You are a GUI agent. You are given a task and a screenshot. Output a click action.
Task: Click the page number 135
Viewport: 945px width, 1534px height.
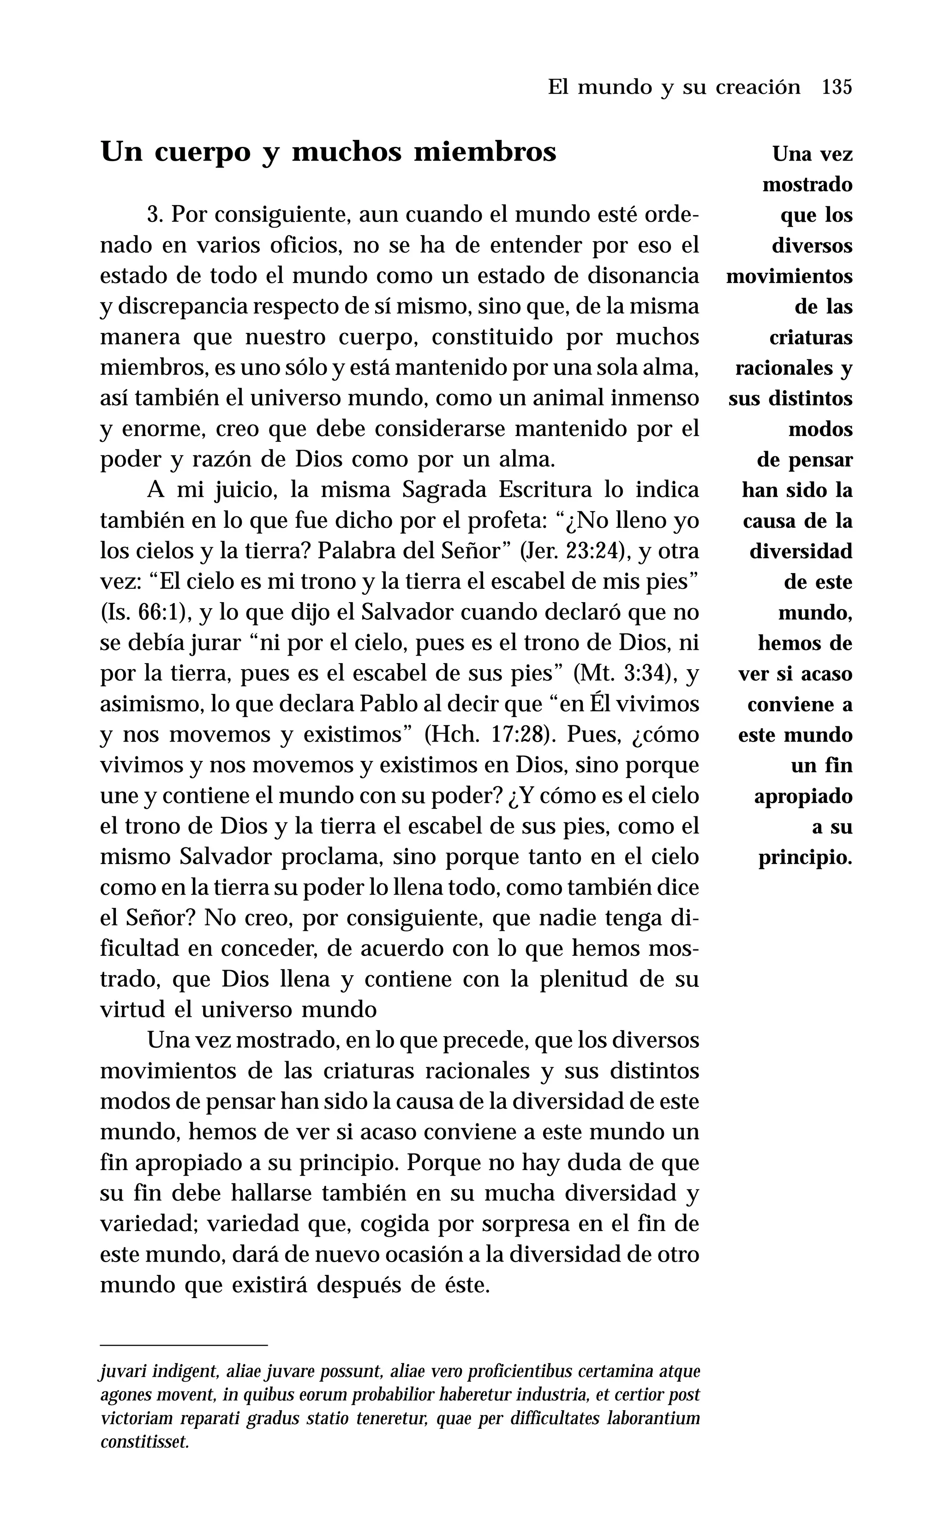(837, 87)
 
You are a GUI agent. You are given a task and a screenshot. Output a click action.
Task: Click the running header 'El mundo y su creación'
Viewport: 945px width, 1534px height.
(674, 87)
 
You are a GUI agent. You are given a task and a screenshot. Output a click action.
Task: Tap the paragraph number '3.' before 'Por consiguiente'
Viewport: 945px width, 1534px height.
(156, 215)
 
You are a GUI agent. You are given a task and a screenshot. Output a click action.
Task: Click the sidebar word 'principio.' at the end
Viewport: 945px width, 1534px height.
(805, 858)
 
